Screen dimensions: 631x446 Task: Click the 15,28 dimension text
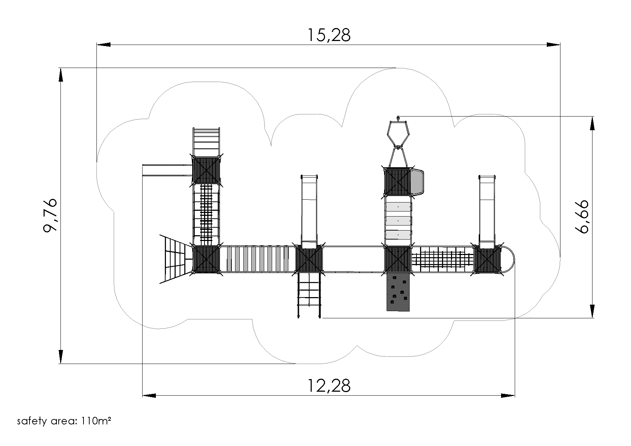tap(329, 35)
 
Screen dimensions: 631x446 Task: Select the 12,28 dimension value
tap(329, 386)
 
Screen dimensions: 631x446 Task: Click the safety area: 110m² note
tap(64, 421)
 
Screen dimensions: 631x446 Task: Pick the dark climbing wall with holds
tap(398, 291)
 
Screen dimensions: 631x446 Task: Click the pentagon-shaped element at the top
tap(398, 133)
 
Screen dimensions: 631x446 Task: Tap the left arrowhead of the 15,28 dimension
tap(104, 45)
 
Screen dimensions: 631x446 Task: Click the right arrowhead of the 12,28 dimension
tap(508, 396)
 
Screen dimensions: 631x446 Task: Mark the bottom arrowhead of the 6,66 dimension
tap(592, 311)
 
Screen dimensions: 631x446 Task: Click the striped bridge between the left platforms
tap(257, 259)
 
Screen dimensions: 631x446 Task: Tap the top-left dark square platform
tap(206, 170)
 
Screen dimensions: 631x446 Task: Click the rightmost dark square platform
tap(487, 259)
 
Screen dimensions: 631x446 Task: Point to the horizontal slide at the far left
tap(167, 170)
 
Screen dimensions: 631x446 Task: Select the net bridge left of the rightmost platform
tap(442, 259)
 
